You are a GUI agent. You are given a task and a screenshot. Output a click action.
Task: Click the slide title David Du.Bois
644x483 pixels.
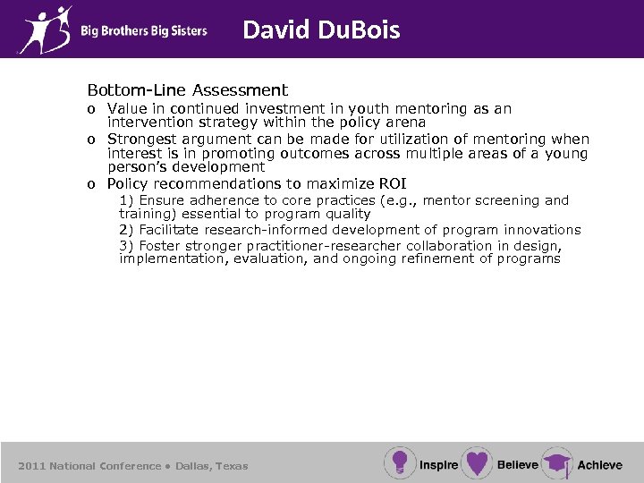(x=321, y=30)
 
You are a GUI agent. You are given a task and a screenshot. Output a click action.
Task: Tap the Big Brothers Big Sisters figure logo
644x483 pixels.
(x=45, y=29)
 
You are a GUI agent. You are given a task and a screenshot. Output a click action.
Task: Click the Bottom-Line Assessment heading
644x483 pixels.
(x=187, y=90)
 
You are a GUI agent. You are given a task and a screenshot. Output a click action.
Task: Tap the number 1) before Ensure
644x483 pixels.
(x=127, y=200)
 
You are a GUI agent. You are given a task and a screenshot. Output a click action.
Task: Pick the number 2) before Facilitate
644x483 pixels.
(x=127, y=230)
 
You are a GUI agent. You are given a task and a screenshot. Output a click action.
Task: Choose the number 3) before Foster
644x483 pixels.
(x=127, y=245)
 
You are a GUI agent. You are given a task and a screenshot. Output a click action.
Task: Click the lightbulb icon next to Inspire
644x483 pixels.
(x=399, y=462)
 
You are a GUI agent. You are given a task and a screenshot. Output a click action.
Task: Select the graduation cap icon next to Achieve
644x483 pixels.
(x=556, y=463)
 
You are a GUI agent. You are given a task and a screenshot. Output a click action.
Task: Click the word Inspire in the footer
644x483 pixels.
(x=438, y=464)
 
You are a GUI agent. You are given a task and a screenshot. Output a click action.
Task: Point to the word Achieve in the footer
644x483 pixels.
(x=599, y=465)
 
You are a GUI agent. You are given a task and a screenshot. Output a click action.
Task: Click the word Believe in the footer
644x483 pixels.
(x=518, y=464)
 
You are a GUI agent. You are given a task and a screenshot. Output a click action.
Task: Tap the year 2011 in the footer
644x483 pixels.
(x=31, y=466)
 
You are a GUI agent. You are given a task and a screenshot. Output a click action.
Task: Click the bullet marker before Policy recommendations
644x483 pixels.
(x=91, y=185)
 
